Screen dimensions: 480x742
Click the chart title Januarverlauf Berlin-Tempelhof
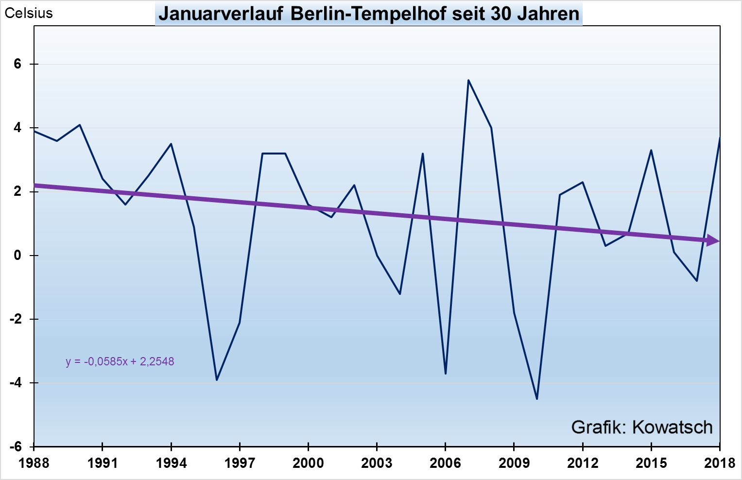369,14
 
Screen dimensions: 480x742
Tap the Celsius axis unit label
29,13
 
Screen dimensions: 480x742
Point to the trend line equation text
120,361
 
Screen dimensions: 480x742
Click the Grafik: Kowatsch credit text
641,427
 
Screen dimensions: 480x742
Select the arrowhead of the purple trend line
713,240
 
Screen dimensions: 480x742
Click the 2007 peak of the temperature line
468,80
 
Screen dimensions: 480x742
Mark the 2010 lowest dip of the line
536,399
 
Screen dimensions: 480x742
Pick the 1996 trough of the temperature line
217,380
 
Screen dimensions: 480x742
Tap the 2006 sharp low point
445,374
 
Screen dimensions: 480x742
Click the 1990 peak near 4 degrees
80,125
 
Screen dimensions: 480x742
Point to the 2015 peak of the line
651,150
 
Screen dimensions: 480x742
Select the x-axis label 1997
240,463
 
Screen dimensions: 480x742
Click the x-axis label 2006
445,463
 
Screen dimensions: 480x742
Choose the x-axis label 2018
720,463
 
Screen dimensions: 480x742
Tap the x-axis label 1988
34,463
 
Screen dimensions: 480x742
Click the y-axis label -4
16,383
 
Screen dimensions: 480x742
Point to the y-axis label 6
18,64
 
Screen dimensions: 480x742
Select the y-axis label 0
18,256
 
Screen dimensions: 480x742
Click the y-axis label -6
16,446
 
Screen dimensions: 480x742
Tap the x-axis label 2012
583,463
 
